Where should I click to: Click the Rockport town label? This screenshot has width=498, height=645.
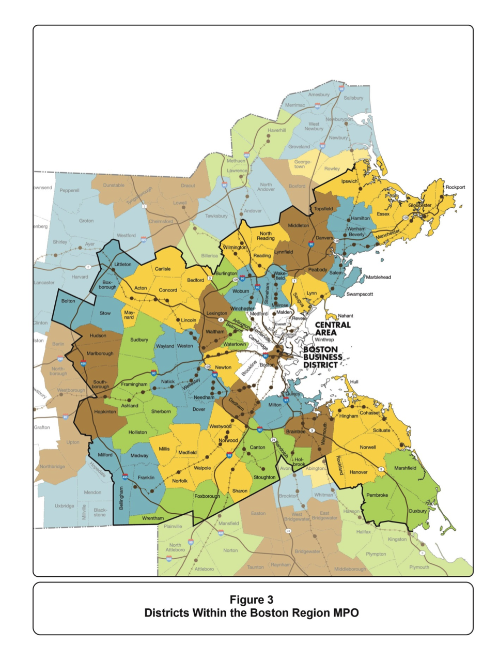(x=455, y=187)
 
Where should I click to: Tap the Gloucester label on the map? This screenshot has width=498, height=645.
(x=419, y=205)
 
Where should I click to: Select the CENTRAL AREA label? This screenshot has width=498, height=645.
(x=333, y=329)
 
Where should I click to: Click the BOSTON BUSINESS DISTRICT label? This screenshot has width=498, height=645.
(x=323, y=357)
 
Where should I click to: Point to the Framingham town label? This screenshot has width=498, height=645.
(x=134, y=384)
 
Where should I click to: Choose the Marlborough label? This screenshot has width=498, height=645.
(x=100, y=354)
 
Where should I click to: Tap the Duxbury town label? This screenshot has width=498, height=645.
(x=417, y=511)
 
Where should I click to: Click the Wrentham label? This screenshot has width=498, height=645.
(x=152, y=518)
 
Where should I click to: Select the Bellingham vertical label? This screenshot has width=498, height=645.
(x=121, y=498)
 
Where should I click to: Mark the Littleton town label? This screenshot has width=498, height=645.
(x=123, y=264)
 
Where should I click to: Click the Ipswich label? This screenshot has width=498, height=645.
(x=349, y=181)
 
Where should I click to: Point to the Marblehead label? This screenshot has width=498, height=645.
(x=378, y=277)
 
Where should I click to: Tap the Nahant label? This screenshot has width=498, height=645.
(x=345, y=315)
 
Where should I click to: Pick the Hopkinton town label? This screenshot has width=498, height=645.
(x=105, y=411)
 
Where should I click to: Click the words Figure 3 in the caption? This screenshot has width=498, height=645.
(x=252, y=600)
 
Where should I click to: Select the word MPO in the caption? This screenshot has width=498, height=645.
(x=346, y=613)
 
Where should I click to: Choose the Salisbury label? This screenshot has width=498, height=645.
(x=353, y=98)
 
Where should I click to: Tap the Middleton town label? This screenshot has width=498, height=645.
(x=298, y=225)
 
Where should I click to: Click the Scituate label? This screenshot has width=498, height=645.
(x=381, y=430)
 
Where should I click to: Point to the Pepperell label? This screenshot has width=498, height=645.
(x=69, y=190)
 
